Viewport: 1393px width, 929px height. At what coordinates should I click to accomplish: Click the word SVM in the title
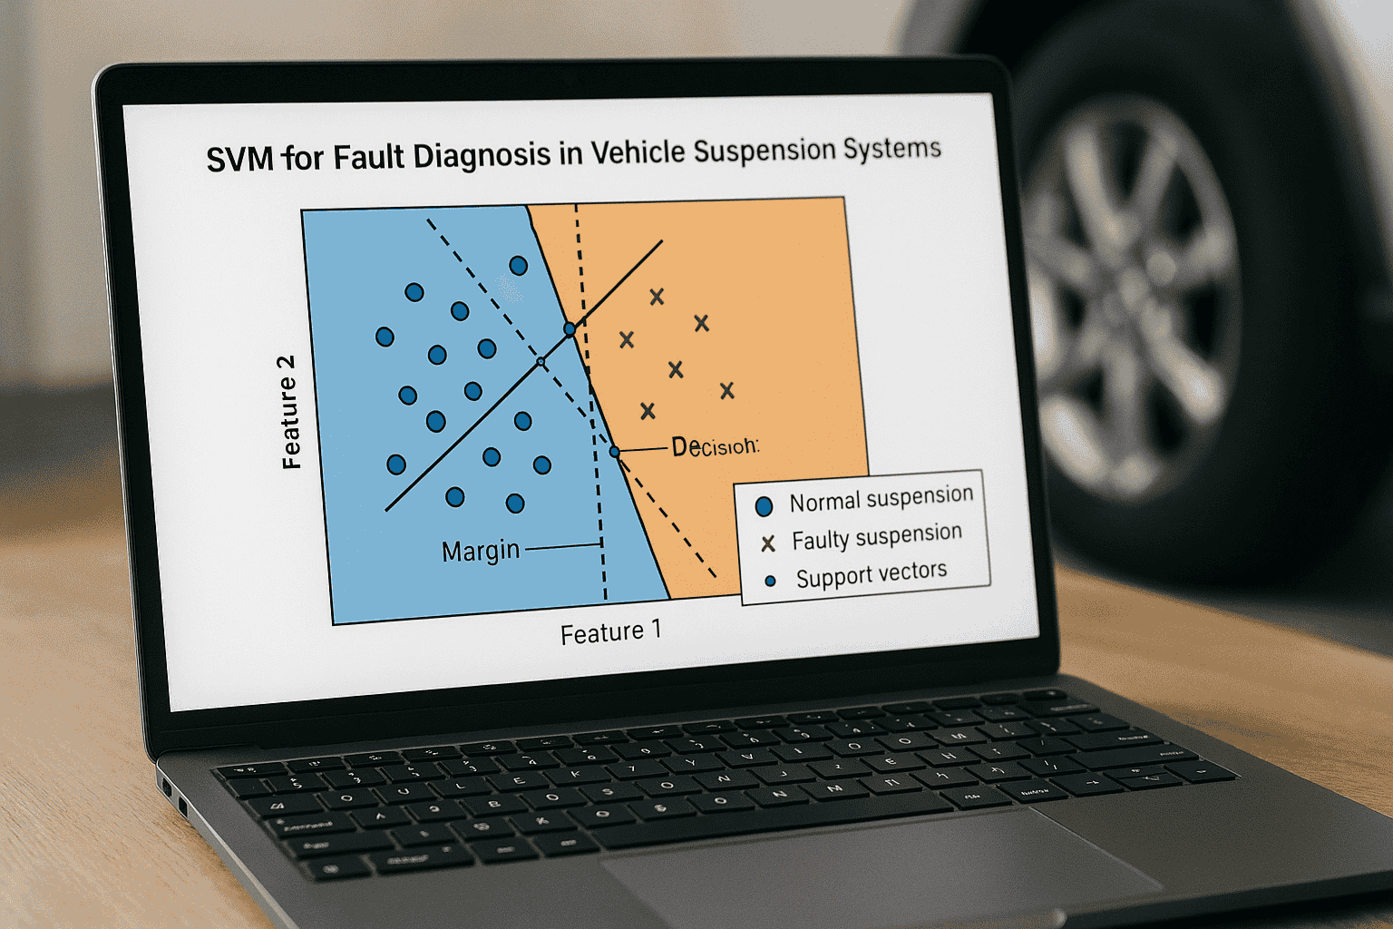(239, 159)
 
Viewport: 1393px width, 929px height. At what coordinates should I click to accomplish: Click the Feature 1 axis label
(610, 632)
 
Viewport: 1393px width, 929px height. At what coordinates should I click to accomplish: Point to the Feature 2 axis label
(289, 412)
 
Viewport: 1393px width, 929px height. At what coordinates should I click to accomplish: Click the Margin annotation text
(481, 551)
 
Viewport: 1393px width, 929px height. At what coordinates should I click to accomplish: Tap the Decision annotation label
(715, 446)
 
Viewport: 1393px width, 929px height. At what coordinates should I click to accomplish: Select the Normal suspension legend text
(881, 498)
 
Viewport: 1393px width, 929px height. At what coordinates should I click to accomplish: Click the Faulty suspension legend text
(876, 537)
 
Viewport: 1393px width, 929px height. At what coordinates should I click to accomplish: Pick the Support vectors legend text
(871, 574)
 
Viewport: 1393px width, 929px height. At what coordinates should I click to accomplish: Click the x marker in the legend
(768, 543)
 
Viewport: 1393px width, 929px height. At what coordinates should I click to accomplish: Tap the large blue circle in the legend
(764, 506)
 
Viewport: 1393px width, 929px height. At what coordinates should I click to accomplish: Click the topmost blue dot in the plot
(519, 265)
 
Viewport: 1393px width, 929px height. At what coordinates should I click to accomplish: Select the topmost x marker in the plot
(657, 296)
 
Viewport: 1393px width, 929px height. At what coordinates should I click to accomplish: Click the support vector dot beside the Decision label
(614, 451)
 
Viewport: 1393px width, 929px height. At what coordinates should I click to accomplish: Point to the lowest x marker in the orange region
(648, 411)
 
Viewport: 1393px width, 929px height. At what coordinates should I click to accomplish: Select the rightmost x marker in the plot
(726, 390)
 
